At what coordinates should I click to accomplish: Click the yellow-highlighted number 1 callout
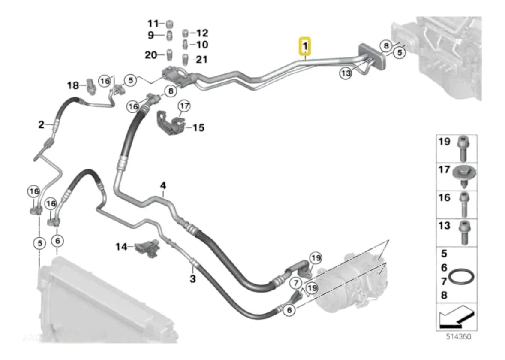[x=305, y=46]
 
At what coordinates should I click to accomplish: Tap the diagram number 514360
[x=458, y=336]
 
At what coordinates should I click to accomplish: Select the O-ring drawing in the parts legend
[x=462, y=277]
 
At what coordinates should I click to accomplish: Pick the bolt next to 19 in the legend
[x=463, y=148]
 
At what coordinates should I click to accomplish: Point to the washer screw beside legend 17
[x=464, y=177]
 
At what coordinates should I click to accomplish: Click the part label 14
[x=121, y=247]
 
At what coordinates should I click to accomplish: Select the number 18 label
[x=73, y=85]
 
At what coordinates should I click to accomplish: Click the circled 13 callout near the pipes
[x=346, y=73]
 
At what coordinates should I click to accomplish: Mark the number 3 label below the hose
[x=192, y=278]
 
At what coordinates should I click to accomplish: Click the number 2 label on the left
[x=41, y=124]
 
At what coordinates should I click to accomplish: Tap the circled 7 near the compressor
[x=296, y=284]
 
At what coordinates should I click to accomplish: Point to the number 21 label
[x=201, y=59]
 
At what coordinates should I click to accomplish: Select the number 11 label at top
[x=153, y=24]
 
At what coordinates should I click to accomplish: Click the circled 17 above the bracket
[x=184, y=106]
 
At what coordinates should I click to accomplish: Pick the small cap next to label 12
[x=185, y=33]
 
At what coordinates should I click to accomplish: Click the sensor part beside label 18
[x=90, y=86]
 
